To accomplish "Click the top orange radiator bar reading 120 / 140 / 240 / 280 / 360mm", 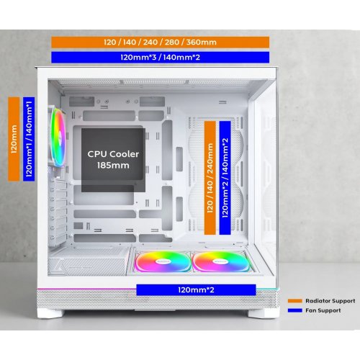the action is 160,42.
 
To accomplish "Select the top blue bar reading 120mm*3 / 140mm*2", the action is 160,58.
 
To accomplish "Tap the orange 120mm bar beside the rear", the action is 14,139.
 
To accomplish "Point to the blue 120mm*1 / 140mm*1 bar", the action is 29,139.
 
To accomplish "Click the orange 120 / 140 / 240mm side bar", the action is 210,178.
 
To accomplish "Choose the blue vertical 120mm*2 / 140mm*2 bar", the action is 225,178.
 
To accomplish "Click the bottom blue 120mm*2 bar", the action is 196,290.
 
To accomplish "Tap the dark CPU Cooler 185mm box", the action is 113,160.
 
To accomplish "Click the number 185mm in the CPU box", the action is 113,166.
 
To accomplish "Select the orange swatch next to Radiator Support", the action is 295,301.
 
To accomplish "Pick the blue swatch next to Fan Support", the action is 295,310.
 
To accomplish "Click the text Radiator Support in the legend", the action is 330,301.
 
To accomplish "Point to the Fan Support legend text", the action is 323,310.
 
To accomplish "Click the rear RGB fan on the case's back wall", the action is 57,137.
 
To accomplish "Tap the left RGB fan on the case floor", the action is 163,261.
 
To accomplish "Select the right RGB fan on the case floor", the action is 221,261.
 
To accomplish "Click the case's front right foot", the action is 264,313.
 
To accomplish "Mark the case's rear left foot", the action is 51,313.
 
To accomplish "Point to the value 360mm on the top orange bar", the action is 202,42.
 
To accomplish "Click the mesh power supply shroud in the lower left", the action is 88,262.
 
